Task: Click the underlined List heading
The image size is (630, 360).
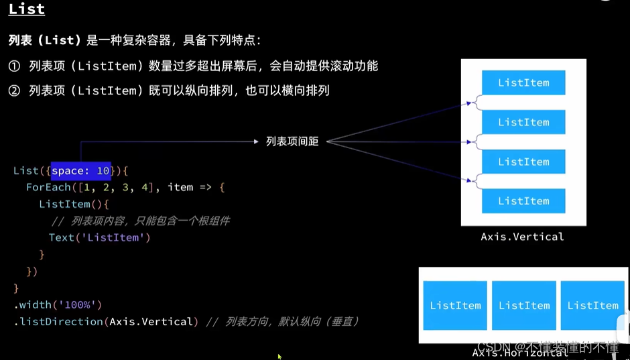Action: [x=27, y=9]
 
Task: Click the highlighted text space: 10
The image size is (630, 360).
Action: [x=80, y=171]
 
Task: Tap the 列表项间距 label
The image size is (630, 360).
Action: [x=292, y=141]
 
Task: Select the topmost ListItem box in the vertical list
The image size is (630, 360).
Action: [x=523, y=82]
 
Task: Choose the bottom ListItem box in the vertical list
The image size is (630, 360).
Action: [x=523, y=201]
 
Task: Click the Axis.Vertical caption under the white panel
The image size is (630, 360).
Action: [x=522, y=237]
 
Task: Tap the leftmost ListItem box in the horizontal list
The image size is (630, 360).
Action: [x=455, y=305]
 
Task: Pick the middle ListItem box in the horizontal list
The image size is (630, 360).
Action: [x=524, y=305]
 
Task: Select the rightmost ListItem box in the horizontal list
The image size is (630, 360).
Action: [x=592, y=305]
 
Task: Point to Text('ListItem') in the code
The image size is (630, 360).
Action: [x=99, y=237]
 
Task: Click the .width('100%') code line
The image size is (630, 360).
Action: [x=57, y=305]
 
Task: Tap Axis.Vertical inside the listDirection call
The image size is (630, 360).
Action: [x=153, y=322]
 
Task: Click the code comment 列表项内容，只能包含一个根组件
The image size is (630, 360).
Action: [x=140, y=221]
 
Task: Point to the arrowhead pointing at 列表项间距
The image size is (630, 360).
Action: [x=255, y=141]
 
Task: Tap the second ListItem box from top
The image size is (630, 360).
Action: [x=523, y=122]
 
